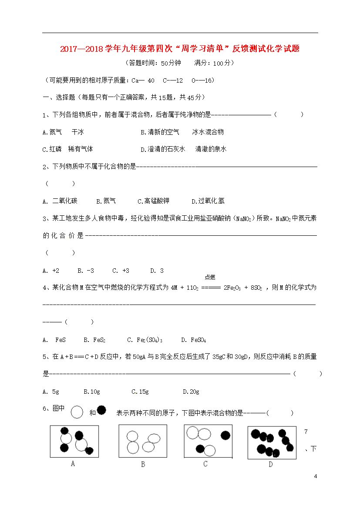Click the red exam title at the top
[180, 49]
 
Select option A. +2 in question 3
[51, 271]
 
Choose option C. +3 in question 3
[121, 271]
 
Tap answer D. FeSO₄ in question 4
[193, 340]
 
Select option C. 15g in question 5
[140, 392]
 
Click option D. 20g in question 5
[191, 392]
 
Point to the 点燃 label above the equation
[210, 277]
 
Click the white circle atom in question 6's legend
[77, 412]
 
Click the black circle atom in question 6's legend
[101, 410]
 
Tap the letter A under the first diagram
[73, 464]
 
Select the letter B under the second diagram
[143, 464]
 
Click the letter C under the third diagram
[205, 464]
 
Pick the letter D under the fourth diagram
[270, 464]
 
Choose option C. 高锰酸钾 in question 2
[153, 201]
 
